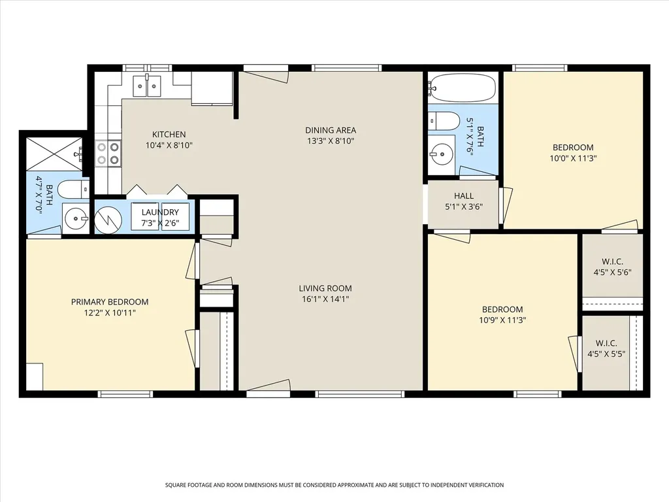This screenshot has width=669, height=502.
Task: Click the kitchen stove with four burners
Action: point(108,153)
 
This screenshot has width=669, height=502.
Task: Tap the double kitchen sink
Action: point(147,87)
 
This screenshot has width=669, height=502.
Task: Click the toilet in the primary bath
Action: point(73,190)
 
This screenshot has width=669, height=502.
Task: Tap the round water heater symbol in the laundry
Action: point(108,220)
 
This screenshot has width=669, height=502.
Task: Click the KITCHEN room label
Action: point(169,135)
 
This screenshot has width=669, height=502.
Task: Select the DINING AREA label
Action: point(331,130)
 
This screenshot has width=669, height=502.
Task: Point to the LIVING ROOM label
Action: point(325,288)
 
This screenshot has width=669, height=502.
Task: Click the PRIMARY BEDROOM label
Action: point(110,302)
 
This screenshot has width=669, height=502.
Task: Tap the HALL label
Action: point(464,196)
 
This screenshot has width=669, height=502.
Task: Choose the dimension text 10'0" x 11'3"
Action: point(573,158)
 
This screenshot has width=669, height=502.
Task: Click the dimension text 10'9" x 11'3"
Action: point(502,320)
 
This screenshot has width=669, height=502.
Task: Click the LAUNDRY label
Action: point(160,212)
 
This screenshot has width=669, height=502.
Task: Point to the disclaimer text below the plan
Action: point(334,485)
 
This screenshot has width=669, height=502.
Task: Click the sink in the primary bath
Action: point(76,218)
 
